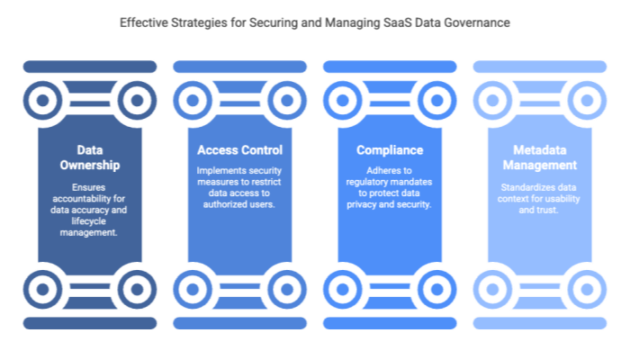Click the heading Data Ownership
tap(89, 158)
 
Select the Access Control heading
tap(239, 149)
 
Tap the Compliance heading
tap(389, 150)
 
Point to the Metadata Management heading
tap(540, 158)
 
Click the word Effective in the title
tap(144, 23)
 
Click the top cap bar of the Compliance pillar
tap(389, 66)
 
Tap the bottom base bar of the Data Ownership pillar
tap(89, 322)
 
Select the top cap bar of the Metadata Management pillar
tap(540, 66)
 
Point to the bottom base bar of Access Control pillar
tap(239, 322)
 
